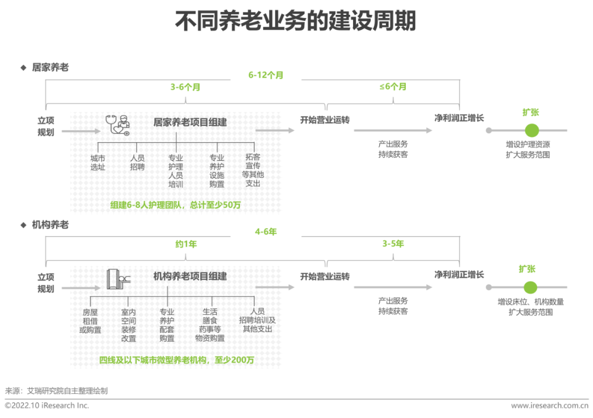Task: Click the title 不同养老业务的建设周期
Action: pyautogui.click(x=295, y=21)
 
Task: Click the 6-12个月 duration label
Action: pyautogui.click(x=266, y=75)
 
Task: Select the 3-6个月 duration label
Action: pyautogui.click(x=185, y=87)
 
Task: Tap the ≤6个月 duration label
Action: pyautogui.click(x=393, y=87)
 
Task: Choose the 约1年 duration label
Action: pyautogui.click(x=186, y=244)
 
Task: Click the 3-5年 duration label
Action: pyautogui.click(x=393, y=244)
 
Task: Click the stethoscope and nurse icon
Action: pyautogui.click(x=118, y=125)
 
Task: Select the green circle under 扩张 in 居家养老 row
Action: pyautogui.click(x=532, y=131)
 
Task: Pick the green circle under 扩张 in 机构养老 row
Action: pyautogui.click(x=530, y=287)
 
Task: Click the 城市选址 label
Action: pyautogui.click(x=98, y=162)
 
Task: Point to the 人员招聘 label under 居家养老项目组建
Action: pyautogui.click(x=137, y=162)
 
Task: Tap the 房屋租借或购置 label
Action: pyautogui.click(x=90, y=321)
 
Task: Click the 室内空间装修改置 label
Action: pyautogui.click(x=128, y=325)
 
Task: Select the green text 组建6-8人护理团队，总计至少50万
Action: pyautogui.click(x=176, y=205)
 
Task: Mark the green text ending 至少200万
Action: pyautogui.click(x=176, y=360)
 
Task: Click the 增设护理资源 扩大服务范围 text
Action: pyautogui.click(x=528, y=149)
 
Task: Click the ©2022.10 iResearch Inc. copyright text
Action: pyautogui.click(x=47, y=406)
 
